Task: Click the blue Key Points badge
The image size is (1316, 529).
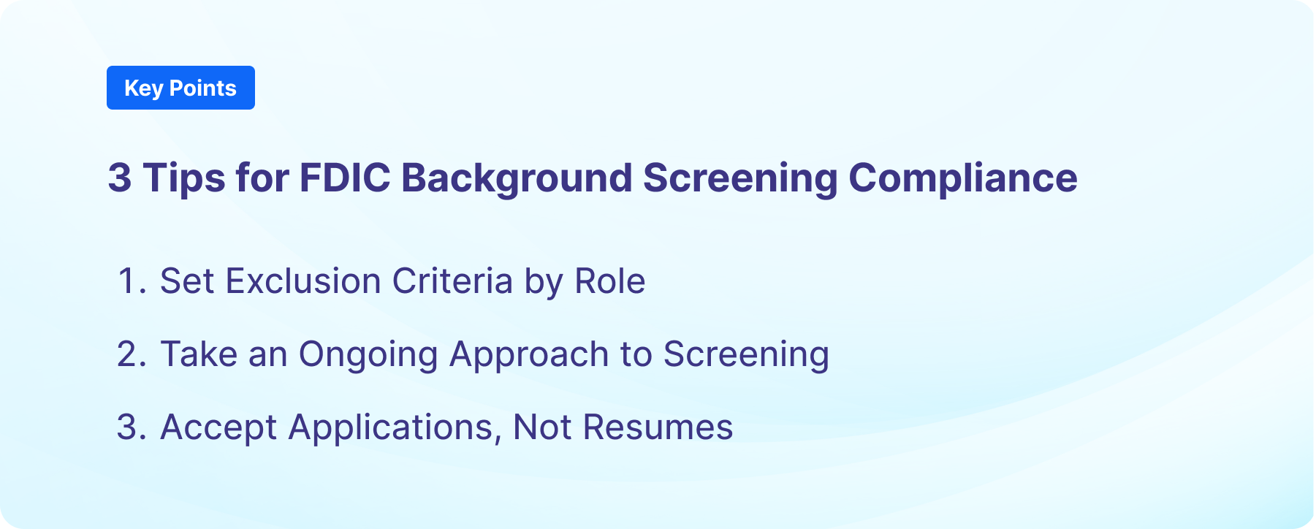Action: pos(180,88)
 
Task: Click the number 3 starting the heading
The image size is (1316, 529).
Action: pos(120,178)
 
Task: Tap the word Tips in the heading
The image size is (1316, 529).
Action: pos(183,178)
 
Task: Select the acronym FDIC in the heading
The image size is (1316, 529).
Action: pos(345,178)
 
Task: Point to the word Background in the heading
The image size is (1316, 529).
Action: pos(517,178)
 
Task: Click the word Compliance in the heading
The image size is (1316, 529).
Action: pos(962,178)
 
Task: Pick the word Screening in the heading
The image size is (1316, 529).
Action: pos(740,178)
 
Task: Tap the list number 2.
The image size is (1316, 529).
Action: pos(130,354)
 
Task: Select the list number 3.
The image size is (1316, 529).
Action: pos(130,427)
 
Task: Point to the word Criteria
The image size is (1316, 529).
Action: pos(452,281)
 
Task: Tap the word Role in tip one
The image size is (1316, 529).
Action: pos(609,281)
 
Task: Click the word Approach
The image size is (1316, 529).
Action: pos(528,354)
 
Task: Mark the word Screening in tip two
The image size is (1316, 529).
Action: pos(745,354)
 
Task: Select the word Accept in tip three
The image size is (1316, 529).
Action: pos(218,427)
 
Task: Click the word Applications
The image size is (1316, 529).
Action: pos(395,427)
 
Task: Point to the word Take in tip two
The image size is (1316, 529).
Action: pos(198,354)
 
